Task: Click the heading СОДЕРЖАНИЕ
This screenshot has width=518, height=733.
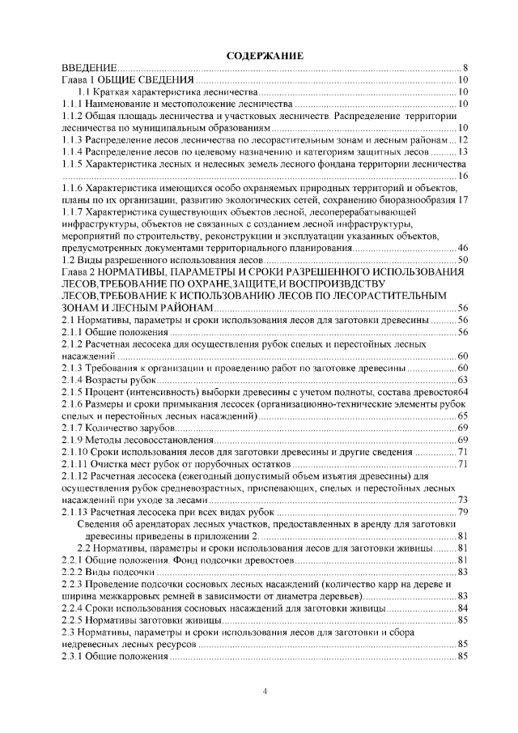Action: click(264, 55)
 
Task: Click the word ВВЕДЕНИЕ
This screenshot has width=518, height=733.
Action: click(91, 67)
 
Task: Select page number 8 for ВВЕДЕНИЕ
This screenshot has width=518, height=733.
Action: click(466, 67)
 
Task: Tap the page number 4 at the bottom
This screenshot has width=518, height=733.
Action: click(265, 691)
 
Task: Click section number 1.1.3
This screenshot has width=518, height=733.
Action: click(75, 139)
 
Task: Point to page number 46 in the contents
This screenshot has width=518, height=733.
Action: click(462, 248)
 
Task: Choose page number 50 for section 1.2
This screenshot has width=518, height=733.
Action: click(462, 260)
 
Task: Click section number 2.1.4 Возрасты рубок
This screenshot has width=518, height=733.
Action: click(75, 380)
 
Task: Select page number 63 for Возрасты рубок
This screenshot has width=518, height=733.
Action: click(462, 380)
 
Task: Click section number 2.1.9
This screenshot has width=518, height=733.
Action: click(75, 440)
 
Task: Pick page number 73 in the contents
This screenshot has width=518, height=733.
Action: click(462, 500)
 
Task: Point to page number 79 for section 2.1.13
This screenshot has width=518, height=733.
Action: click(462, 512)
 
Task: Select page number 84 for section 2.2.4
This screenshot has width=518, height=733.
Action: click(462, 608)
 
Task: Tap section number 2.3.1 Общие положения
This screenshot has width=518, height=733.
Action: click(75, 656)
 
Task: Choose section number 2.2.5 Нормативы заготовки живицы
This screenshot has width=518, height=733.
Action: click(75, 620)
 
